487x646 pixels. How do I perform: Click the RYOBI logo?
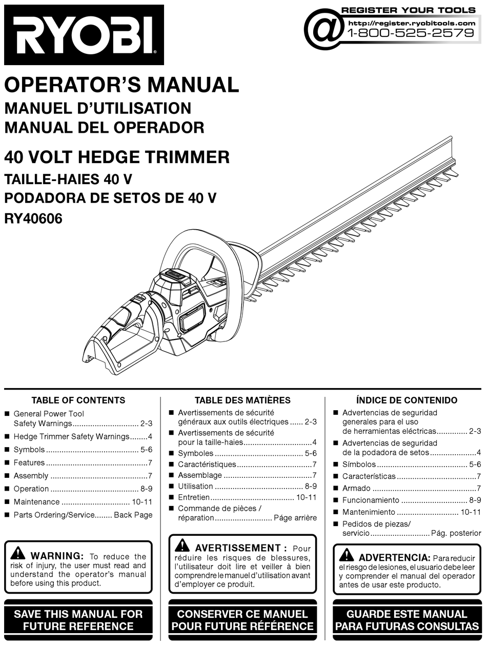coord(84,35)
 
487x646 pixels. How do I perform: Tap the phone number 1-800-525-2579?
coord(411,33)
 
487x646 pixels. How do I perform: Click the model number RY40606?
coord(33,219)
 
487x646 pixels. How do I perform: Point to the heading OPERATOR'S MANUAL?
coord(121,85)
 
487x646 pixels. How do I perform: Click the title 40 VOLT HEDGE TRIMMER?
coord(117,156)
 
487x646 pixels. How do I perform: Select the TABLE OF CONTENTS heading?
coord(78,400)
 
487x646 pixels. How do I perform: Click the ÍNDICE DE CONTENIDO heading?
coord(407,400)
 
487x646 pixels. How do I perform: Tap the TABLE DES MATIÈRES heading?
coord(242,400)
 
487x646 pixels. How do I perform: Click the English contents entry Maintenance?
coord(36,502)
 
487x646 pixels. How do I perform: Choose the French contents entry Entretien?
coord(193,497)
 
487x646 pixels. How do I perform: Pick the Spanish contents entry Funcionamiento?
coord(370,500)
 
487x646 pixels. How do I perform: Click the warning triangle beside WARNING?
coord(18,554)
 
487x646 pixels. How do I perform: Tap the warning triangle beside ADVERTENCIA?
coord(346,555)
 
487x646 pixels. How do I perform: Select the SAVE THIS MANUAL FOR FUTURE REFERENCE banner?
coord(78,620)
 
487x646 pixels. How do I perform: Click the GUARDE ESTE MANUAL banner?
coord(407,620)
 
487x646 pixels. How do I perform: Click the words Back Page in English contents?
coord(133,515)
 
